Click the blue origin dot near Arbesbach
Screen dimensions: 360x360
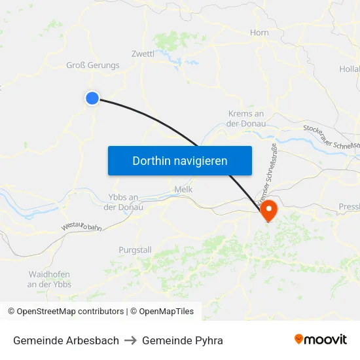coord(92,98)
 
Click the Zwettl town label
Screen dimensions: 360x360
coord(143,54)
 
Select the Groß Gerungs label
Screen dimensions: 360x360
coord(93,65)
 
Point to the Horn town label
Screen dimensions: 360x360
coord(259,32)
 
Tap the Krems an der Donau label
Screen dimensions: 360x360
coord(245,118)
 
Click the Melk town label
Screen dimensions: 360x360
coord(183,189)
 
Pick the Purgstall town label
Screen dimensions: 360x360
coord(135,250)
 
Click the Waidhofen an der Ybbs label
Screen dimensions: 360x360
coord(49,279)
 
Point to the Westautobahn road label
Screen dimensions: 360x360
coord(82,226)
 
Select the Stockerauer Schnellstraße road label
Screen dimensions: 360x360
coord(331,137)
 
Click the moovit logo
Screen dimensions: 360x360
coord(320,339)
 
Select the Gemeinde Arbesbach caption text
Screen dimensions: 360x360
coord(66,340)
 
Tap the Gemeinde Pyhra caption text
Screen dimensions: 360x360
coord(183,340)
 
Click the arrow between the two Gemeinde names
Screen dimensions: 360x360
coord(130,340)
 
